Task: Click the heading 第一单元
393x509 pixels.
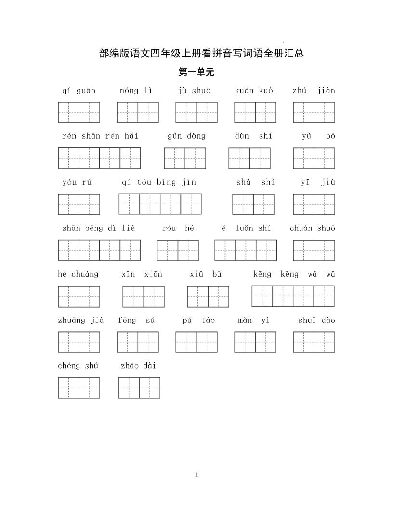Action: click(196, 72)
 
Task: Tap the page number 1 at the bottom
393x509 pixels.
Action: click(196, 475)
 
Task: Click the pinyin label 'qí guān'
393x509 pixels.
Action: click(79, 91)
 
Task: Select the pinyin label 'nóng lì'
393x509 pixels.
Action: click(136, 91)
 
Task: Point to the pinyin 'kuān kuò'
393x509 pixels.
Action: click(254, 91)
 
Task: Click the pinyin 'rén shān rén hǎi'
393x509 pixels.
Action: click(100, 136)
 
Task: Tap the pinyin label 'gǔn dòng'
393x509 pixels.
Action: click(186, 136)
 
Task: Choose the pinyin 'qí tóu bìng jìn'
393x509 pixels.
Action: click(159, 182)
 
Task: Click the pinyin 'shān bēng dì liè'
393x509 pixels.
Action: click(99, 228)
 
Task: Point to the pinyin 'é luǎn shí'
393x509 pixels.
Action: click(246, 228)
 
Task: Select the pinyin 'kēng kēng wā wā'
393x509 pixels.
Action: click(294, 274)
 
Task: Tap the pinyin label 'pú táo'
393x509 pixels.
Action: click(199, 320)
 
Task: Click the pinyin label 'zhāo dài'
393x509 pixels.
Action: click(139, 366)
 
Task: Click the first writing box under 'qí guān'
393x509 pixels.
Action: click(68, 112)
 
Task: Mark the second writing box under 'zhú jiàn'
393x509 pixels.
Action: click(324, 112)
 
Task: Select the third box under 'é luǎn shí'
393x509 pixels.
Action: click(266, 250)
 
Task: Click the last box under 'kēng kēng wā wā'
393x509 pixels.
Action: click(324, 296)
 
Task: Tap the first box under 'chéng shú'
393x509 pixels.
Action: click(68, 388)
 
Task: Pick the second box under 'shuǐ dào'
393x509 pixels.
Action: click(324, 342)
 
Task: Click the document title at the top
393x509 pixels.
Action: click(201, 53)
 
